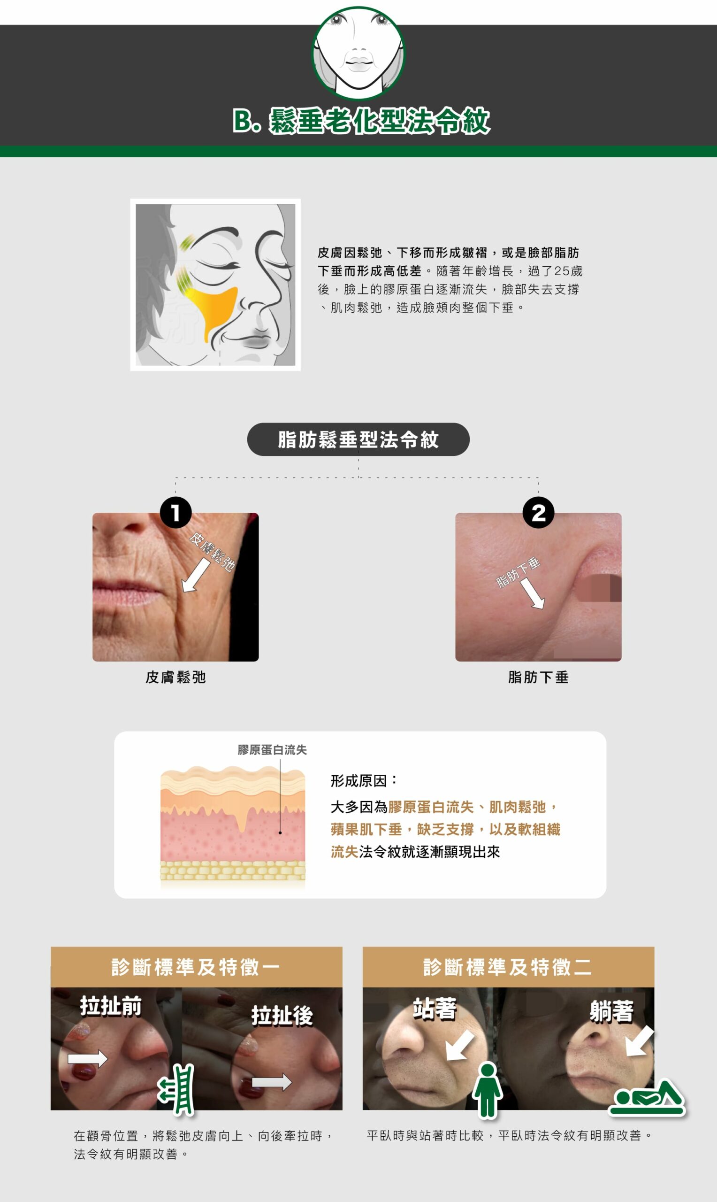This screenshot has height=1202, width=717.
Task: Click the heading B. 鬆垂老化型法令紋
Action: pos(361,121)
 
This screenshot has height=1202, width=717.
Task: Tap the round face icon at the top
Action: pos(358,53)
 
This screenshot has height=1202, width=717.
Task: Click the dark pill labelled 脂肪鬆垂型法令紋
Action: pos(358,439)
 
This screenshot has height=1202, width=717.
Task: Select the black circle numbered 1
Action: pos(176,512)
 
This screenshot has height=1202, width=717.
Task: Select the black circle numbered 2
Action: pos(538,512)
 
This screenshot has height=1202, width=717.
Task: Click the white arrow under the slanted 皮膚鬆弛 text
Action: pos(196,575)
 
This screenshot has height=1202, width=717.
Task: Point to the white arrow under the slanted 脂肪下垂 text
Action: pos(533,593)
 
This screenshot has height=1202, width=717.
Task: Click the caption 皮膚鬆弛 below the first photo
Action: pos(176,677)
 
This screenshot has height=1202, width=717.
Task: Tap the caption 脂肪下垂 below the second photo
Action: pos(538,677)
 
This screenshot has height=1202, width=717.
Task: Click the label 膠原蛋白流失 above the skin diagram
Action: pos(272,750)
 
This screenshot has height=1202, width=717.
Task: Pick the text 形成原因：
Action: pos(364,780)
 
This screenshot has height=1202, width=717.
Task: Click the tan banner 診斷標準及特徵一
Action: pos(197,967)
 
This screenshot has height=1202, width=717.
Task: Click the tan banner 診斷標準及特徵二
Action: pos(508,967)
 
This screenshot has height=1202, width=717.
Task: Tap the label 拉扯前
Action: pos(111,1006)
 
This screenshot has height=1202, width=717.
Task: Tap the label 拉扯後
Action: pos(282,1016)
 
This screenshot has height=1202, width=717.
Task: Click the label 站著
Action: pos(435,1009)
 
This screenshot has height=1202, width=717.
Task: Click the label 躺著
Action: pos(612,1011)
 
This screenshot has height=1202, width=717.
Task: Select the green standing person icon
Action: pos(488,1090)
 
